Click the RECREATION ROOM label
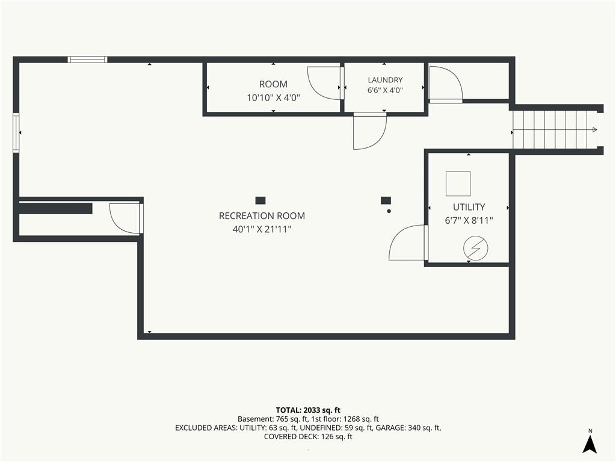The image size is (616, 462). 262,216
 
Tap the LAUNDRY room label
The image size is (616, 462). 385,80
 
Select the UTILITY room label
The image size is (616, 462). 469,207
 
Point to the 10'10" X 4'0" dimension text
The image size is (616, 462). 274,97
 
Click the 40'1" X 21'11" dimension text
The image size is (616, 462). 262,229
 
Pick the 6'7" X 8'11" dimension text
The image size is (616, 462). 469,220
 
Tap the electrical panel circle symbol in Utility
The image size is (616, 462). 476,248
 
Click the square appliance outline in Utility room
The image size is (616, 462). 458,183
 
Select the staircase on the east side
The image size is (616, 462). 555,130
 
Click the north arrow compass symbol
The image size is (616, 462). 590,444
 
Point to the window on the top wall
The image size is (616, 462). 87,60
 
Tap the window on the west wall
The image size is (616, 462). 16,133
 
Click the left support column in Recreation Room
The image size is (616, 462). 260,200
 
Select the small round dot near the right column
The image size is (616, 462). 389,211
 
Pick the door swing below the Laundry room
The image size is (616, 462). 370,131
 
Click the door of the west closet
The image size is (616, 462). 126,218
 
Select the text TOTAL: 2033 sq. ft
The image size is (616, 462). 308,410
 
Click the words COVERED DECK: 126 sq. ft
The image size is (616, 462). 308,437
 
